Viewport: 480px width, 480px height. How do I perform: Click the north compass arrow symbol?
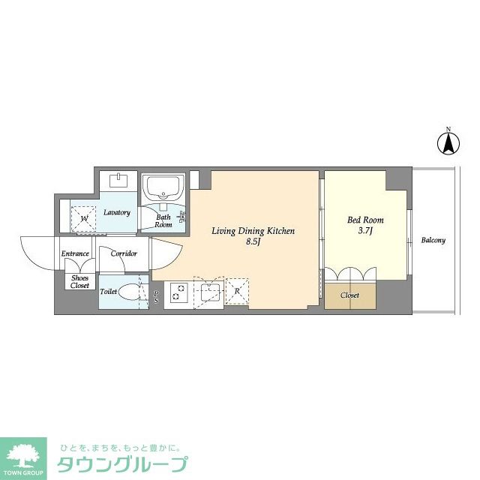click(x=448, y=142)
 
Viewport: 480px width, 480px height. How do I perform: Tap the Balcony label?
click(x=433, y=240)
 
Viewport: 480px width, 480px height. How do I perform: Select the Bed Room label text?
click(x=365, y=220)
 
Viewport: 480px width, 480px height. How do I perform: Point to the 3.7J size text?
click(x=365, y=231)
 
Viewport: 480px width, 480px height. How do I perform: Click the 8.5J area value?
click(x=253, y=241)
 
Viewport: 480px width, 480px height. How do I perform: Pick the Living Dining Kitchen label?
click(x=253, y=231)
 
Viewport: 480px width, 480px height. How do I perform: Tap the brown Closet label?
click(x=350, y=295)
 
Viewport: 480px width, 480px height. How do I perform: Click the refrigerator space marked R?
click(x=237, y=291)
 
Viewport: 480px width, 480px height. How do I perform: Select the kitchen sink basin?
click(x=210, y=292)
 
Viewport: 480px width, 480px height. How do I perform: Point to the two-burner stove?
click(x=178, y=292)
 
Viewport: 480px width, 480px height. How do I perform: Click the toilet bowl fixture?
click(x=130, y=292)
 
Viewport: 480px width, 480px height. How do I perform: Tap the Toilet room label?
click(x=108, y=292)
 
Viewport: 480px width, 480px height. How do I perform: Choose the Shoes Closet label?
click(x=79, y=282)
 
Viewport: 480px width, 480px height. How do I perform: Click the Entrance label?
click(x=75, y=253)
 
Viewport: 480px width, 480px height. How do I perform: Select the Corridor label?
click(x=124, y=253)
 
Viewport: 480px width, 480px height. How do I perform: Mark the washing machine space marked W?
click(x=83, y=218)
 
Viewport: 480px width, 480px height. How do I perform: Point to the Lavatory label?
click(x=117, y=212)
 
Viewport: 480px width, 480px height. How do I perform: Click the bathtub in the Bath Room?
click(x=163, y=187)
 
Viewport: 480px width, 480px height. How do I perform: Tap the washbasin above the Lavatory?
click(x=118, y=180)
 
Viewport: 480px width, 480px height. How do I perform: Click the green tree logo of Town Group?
click(x=23, y=455)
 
